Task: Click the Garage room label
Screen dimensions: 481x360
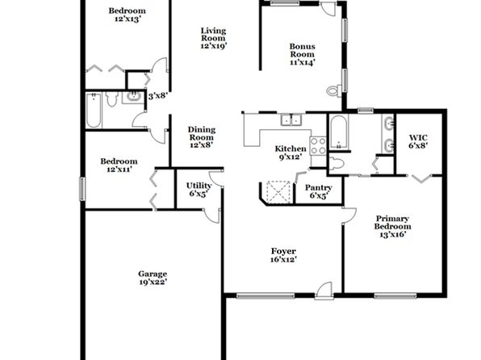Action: [x=153, y=278]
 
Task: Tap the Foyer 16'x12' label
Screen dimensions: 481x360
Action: [x=283, y=255]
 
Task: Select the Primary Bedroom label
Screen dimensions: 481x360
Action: [x=392, y=227]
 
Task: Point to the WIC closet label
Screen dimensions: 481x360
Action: [x=418, y=141]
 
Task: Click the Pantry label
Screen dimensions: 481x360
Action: [x=319, y=191]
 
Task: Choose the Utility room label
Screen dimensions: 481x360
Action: [x=199, y=190]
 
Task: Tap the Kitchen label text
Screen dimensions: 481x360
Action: [x=291, y=153]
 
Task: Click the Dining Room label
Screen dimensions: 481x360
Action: [x=202, y=137]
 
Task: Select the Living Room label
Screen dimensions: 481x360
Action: [x=214, y=39]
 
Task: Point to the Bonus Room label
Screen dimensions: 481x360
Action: [x=303, y=54]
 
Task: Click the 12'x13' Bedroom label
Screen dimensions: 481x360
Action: [x=128, y=15]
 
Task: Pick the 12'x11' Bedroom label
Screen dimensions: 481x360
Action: [x=119, y=165]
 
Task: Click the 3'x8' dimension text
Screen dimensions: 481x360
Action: [x=157, y=96]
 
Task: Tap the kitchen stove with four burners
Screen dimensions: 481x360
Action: [x=318, y=146]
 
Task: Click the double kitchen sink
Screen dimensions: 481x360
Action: [x=291, y=119]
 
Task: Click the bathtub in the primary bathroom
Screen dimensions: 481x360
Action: [x=339, y=132]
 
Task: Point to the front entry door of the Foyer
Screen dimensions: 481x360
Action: [x=324, y=291]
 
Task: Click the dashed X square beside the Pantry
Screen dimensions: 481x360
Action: [x=278, y=192]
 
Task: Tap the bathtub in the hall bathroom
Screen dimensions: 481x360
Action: [x=94, y=110]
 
